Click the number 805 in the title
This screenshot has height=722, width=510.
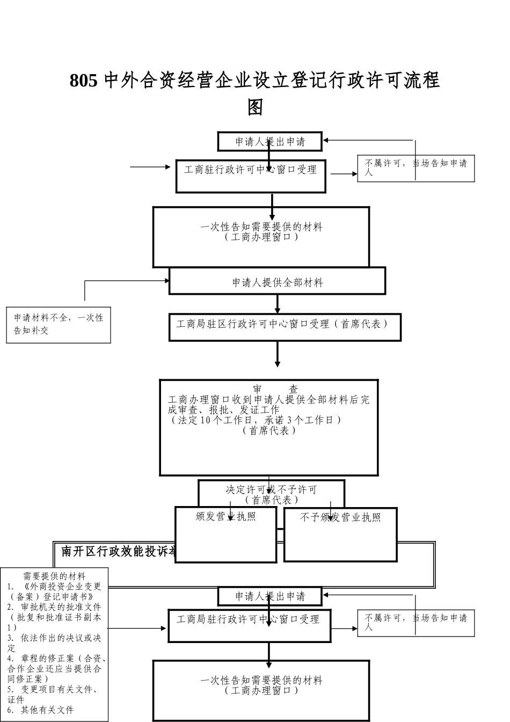pos(84,81)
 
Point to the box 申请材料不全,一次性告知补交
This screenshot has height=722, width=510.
pos(59,324)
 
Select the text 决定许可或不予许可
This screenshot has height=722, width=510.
pos(271,489)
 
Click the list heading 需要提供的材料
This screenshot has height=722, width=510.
pos(54,576)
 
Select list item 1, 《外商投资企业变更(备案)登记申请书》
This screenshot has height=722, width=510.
pos(54,591)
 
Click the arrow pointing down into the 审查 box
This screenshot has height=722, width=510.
pos(278,355)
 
